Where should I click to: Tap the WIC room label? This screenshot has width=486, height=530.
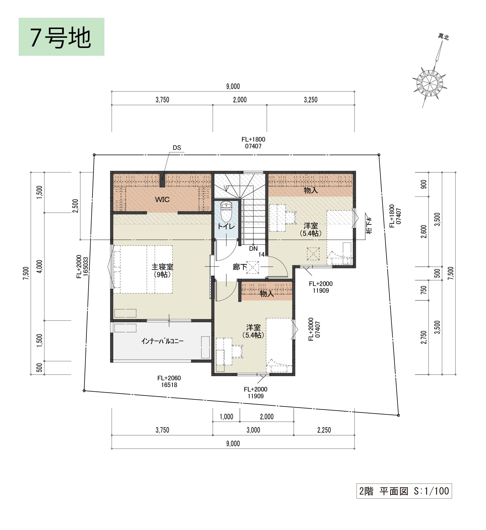click(162, 199)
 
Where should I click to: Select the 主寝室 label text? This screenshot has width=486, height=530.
click(162, 267)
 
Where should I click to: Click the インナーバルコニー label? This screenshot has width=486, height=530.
click(162, 341)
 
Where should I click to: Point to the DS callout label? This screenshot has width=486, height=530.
click(177, 148)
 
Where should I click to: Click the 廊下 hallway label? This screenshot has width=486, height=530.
click(240, 267)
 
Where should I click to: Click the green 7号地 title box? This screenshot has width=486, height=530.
click(61, 37)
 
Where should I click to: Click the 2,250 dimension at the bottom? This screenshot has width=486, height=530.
click(324, 430)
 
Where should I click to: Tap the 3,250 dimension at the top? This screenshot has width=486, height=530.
click(311, 100)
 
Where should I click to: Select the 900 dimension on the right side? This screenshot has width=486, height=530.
click(424, 184)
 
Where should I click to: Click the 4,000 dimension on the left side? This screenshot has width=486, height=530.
click(39, 266)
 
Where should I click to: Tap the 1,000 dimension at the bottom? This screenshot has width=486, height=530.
click(226, 417)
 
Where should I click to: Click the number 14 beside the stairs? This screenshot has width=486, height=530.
click(261, 254)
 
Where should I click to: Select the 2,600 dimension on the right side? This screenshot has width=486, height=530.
click(424, 232)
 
